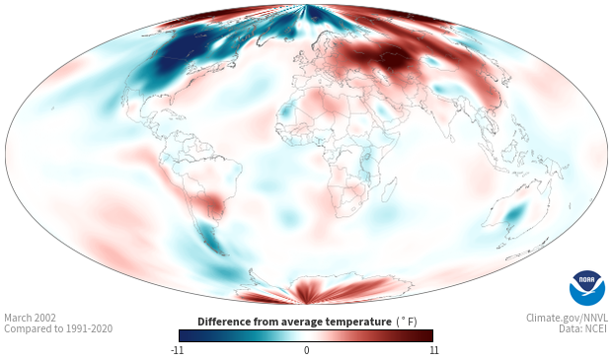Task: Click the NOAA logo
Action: [x=587, y=288]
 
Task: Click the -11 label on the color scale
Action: [x=177, y=350]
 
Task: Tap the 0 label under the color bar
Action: [x=306, y=350]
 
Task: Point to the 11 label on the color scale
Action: [x=434, y=350]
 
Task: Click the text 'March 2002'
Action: [x=30, y=318]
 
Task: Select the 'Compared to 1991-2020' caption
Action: [x=58, y=328]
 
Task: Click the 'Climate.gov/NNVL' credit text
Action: [x=567, y=318]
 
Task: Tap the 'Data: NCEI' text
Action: [x=583, y=328]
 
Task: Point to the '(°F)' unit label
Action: [x=407, y=322]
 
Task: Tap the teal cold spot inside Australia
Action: [x=515, y=213]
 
